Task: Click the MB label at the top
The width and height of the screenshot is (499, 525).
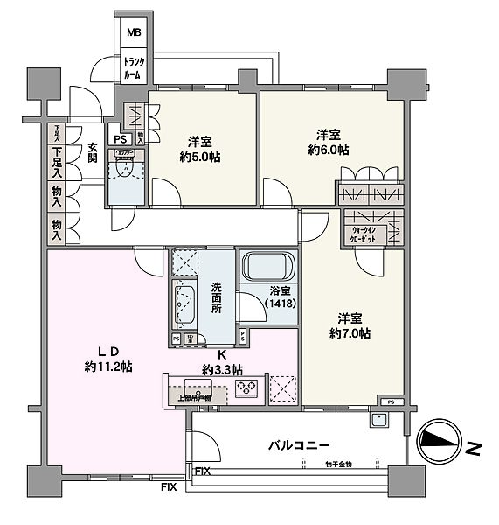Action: [x=134, y=34]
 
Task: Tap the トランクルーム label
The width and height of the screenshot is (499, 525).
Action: [x=134, y=69]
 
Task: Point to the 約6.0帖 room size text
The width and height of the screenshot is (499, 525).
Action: [x=330, y=150]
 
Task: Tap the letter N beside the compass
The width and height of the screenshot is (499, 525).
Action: [x=473, y=448]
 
